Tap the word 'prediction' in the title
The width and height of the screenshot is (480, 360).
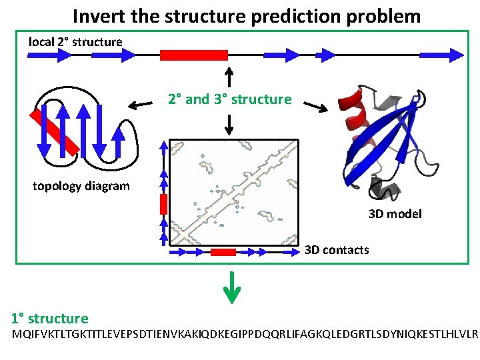click(291, 15)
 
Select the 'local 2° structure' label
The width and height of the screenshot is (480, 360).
click(75, 42)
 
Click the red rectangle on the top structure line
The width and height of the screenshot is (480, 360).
click(193, 55)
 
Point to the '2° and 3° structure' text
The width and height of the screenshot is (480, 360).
click(229, 99)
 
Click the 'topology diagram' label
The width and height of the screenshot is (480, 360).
click(81, 186)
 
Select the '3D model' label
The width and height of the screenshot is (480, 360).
click(395, 214)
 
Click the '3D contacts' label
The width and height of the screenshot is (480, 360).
click(337, 250)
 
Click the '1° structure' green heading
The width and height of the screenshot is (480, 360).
click(50, 319)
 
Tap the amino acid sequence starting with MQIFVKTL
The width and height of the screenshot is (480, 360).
click(245, 332)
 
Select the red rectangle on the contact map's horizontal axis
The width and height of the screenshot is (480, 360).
click(223, 252)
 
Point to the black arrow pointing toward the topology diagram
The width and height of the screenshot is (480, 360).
click(139, 104)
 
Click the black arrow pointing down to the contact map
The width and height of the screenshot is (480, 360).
click(229, 123)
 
